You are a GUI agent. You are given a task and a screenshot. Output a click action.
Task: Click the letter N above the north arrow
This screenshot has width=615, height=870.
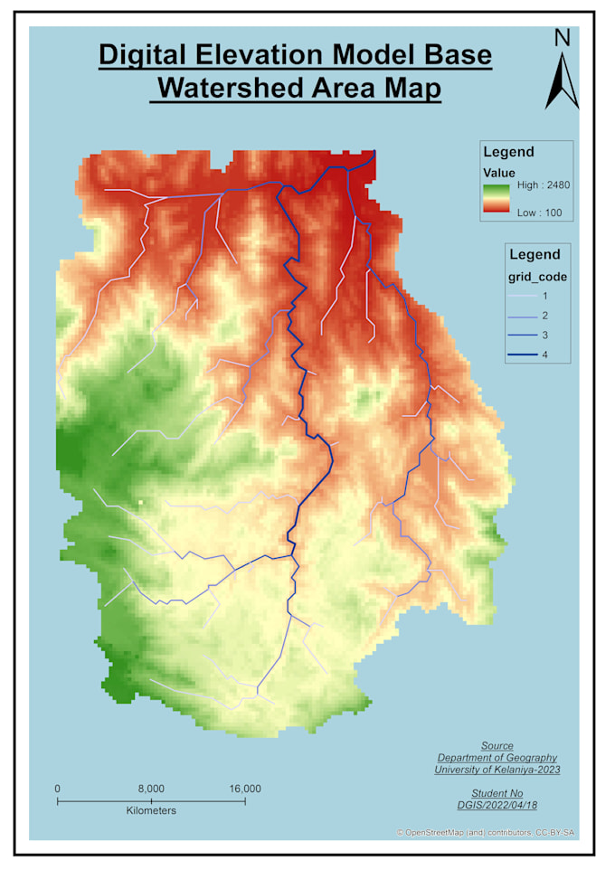click(562, 38)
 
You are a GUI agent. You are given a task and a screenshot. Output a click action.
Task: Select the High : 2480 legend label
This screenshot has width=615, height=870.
click(542, 184)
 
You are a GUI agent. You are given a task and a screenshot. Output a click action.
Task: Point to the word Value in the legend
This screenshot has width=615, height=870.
click(499, 172)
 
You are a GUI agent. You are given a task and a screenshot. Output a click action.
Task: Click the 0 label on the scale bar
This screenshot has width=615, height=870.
click(57, 789)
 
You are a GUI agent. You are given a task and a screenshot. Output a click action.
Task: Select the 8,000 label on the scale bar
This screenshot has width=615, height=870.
click(151, 789)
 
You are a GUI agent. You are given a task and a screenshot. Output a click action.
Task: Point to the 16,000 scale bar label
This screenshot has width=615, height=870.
click(244, 789)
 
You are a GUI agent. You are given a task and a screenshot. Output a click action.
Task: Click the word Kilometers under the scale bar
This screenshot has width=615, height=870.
click(151, 811)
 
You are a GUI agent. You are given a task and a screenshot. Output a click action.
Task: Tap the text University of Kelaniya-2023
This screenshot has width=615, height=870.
click(497, 770)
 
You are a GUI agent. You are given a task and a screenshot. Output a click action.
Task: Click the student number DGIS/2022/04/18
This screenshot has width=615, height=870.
click(497, 803)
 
